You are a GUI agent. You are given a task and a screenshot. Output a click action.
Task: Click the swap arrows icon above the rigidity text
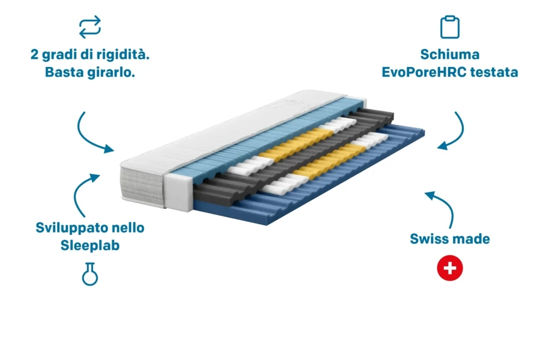[90, 27]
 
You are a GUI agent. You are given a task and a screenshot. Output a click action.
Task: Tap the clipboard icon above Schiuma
[450, 27]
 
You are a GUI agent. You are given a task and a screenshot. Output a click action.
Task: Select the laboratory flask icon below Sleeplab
[90, 274]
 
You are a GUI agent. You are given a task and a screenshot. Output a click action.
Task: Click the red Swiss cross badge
[450, 268]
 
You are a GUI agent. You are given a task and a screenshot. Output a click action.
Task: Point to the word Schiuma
[450, 54]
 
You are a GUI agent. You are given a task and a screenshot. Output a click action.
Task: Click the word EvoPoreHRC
[424, 72]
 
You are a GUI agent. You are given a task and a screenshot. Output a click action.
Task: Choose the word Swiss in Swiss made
[428, 239]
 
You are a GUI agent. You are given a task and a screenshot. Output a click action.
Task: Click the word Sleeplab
[90, 246]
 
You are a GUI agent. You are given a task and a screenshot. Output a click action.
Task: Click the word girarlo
[112, 72]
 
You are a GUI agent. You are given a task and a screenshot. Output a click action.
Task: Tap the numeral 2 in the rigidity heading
[34, 54]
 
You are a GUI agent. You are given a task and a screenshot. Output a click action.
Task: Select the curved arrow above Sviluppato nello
[79, 191]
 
